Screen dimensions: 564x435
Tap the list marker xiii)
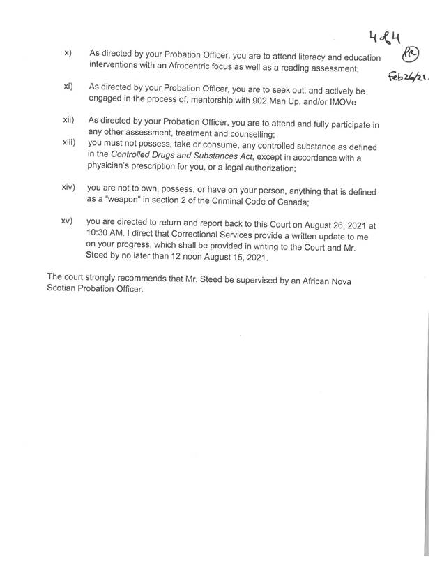click(x=69, y=143)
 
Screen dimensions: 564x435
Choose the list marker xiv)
click(x=70, y=188)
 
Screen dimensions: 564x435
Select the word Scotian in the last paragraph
click(x=66, y=290)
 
